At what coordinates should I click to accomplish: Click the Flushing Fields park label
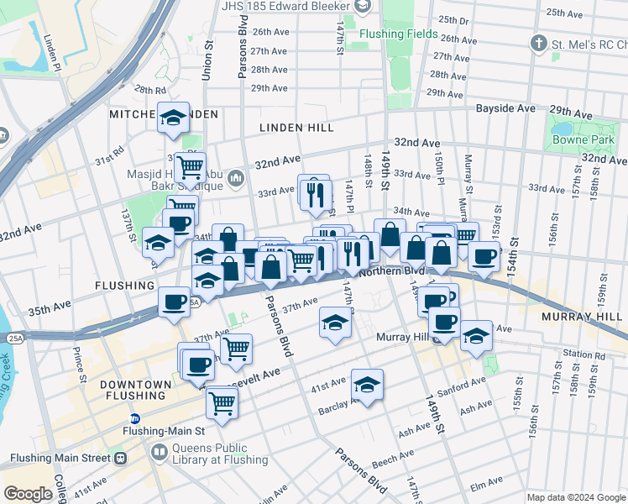(398, 34)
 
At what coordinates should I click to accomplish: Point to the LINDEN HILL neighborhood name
(296, 128)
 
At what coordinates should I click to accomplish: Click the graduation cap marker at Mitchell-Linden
(173, 118)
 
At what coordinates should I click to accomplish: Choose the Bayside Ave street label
(505, 109)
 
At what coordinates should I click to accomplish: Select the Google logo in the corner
(28, 494)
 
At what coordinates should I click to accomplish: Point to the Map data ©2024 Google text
(576, 497)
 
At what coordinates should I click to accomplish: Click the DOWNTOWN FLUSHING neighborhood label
(133, 390)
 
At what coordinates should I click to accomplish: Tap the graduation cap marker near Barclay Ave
(367, 385)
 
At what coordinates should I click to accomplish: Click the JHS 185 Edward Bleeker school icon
(363, 8)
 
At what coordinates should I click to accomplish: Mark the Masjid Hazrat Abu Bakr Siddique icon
(236, 177)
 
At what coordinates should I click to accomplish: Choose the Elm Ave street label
(484, 485)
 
